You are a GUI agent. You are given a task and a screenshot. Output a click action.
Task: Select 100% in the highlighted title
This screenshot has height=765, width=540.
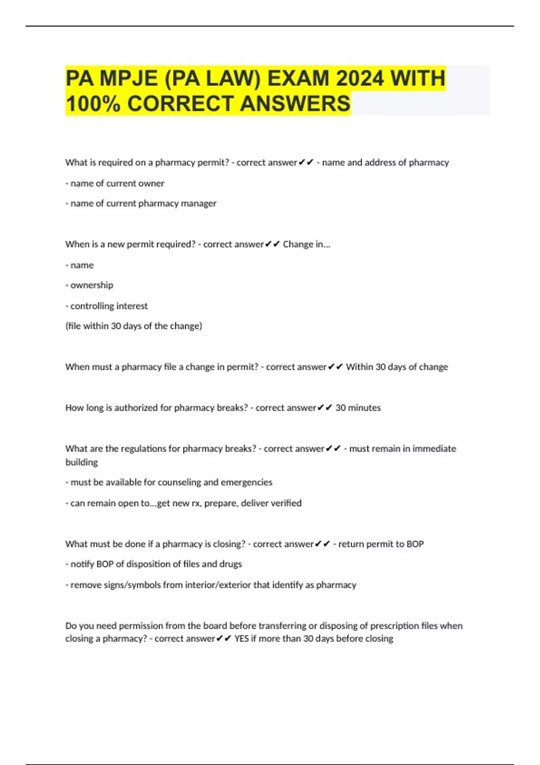(93, 104)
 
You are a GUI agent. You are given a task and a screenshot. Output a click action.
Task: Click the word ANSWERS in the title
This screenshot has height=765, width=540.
(295, 104)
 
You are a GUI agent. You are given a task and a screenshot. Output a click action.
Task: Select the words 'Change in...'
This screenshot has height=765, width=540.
(306, 244)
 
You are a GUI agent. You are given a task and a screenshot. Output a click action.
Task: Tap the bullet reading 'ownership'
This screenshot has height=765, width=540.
(91, 285)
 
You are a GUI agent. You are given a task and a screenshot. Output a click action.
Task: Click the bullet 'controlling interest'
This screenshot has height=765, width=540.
(108, 306)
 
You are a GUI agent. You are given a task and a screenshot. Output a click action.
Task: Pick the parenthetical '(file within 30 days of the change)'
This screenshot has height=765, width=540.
(134, 326)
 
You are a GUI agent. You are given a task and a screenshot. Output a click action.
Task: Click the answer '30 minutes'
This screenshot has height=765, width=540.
(358, 408)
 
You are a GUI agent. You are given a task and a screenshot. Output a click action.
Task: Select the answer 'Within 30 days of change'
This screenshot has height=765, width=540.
(397, 367)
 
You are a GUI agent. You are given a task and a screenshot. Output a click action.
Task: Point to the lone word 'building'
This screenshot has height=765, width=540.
(81, 462)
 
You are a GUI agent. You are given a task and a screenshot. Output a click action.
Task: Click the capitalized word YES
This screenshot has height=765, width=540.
(241, 639)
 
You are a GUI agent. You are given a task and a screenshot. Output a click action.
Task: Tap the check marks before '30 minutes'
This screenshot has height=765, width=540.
(325, 408)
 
